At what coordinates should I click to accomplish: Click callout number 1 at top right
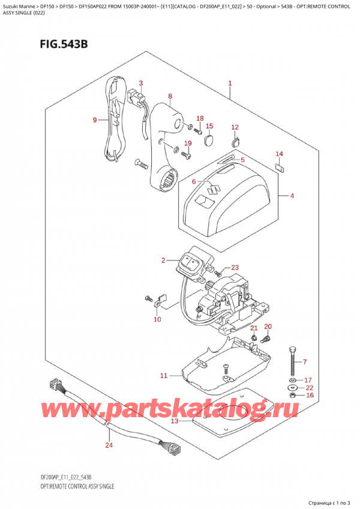tap(230, 83)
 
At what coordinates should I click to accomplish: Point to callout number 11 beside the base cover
tap(163, 376)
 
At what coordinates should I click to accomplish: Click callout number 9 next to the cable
tap(95, 120)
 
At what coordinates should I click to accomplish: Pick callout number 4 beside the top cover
tap(292, 195)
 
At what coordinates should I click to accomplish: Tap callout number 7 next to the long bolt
tap(304, 361)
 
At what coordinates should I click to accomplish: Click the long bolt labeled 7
tap(292, 360)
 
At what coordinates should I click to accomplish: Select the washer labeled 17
tap(292, 381)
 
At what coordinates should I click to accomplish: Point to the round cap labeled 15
tap(209, 140)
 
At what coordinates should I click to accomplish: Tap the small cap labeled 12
tap(235, 142)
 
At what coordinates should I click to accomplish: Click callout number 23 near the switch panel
tap(235, 268)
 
